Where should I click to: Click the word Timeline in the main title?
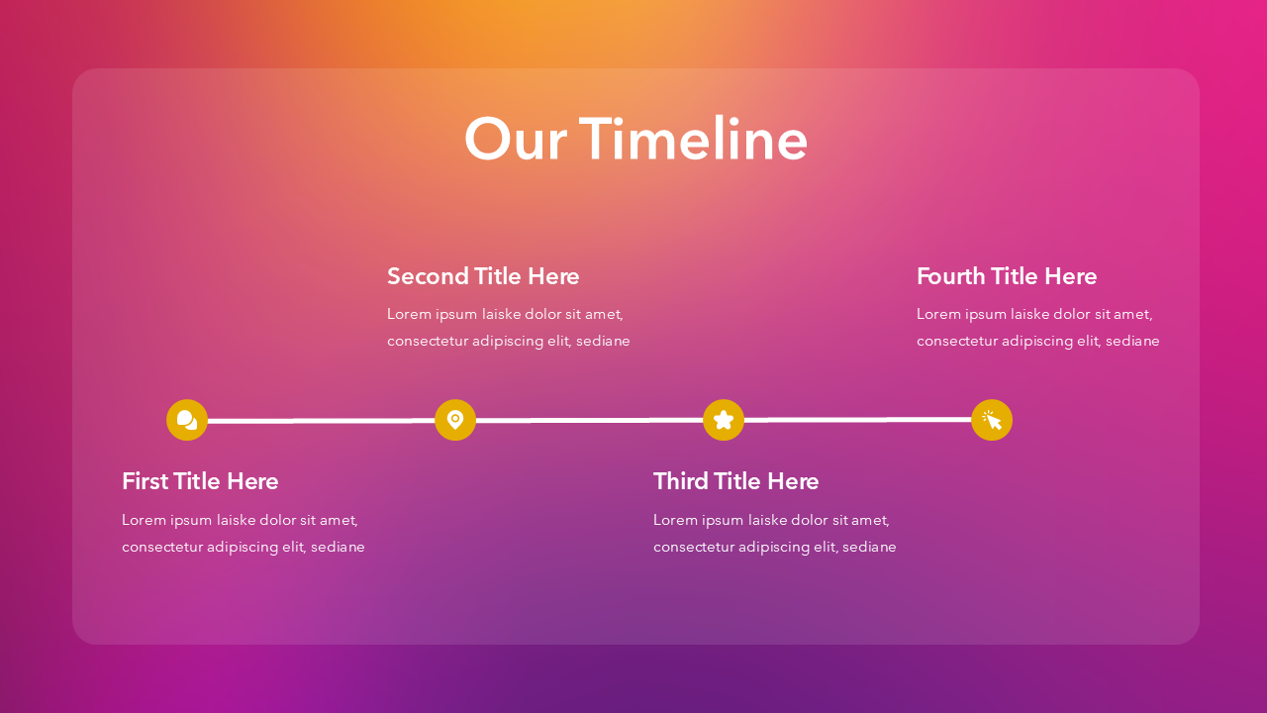click(x=693, y=139)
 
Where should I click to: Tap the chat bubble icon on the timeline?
click(x=187, y=420)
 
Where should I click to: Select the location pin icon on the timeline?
click(x=455, y=420)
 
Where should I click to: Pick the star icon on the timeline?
click(x=724, y=420)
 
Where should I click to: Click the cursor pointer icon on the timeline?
click(x=992, y=420)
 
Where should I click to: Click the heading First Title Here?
click(x=200, y=481)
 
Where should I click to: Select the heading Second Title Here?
click(x=483, y=276)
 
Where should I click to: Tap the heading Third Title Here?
click(x=735, y=481)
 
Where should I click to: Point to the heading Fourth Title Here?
click(x=1007, y=276)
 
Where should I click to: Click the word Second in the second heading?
click(x=428, y=276)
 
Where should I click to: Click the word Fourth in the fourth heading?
click(x=950, y=276)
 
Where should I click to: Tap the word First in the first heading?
click(x=145, y=481)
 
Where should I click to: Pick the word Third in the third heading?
click(x=680, y=481)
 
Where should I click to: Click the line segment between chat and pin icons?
click(x=322, y=421)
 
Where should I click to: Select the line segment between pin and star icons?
click(x=589, y=420)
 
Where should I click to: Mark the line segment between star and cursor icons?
click(x=857, y=420)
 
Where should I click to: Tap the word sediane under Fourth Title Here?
click(x=1131, y=341)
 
